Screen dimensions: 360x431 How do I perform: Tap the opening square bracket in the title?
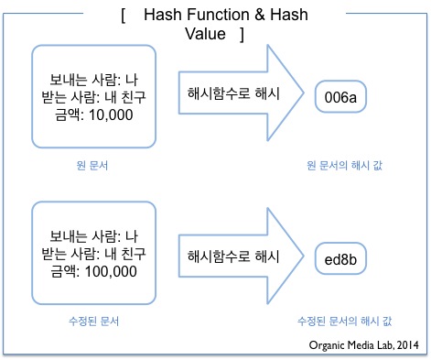pos(122,16)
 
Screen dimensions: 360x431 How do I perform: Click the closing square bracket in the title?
pos(240,34)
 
